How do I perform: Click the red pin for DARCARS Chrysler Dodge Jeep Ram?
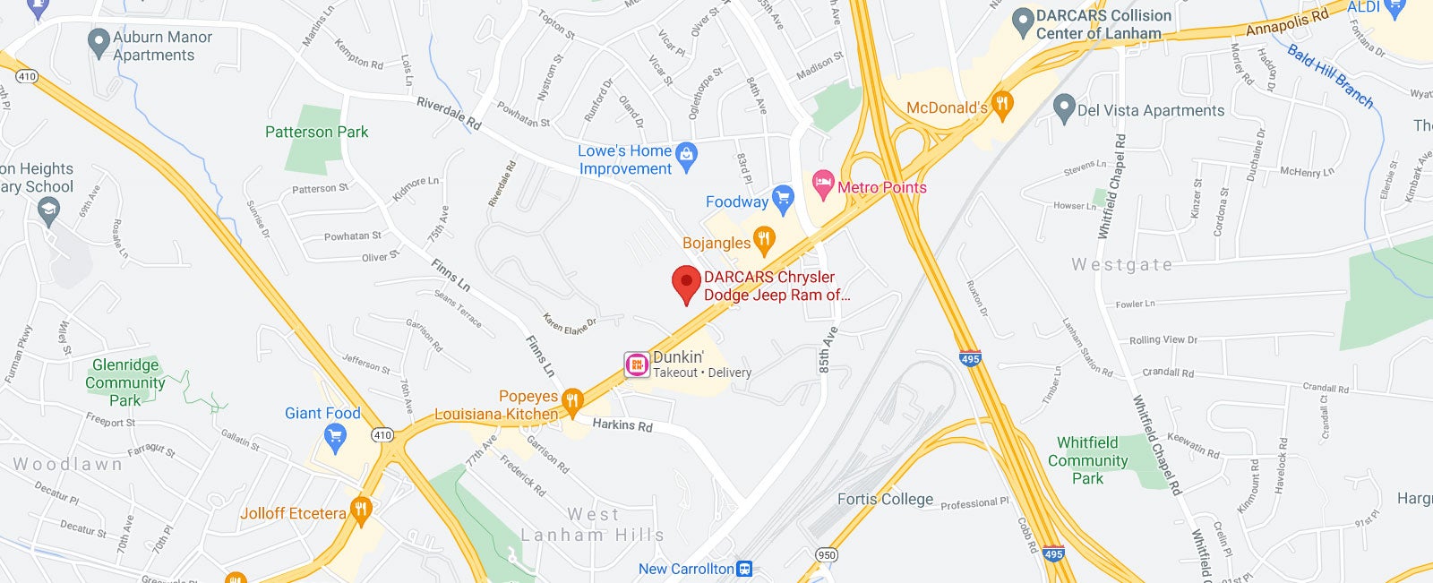coord(686,283)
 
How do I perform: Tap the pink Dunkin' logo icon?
coord(637,364)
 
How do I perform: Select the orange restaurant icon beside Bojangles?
coord(763,239)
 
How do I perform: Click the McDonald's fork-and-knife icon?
coord(1002,105)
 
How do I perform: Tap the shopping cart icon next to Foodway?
coord(783,199)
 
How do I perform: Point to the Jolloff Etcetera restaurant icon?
coord(360,510)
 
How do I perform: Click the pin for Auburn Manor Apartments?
coord(99,43)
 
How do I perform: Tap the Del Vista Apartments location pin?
coord(1063,108)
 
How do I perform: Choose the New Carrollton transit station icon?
coord(744,569)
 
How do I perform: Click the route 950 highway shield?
coord(827,555)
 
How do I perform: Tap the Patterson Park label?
coord(316,132)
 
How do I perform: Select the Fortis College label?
coord(885,499)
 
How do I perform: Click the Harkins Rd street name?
coord(622,424)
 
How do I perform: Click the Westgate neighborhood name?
coord(1121,264)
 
